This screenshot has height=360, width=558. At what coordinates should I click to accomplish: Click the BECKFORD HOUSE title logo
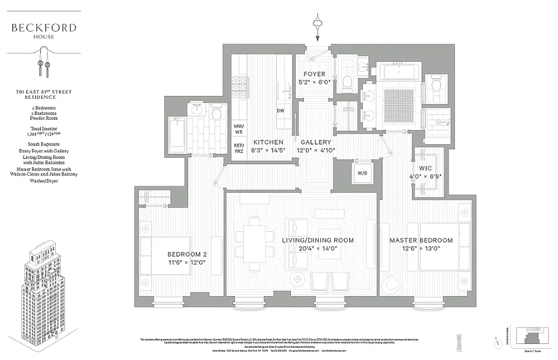44,30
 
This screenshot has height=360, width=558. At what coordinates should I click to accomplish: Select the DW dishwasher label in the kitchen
280,111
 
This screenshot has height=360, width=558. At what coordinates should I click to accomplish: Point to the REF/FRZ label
238,148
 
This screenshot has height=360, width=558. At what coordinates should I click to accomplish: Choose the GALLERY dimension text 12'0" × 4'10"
316,150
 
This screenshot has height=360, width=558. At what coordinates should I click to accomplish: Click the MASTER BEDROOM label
421,240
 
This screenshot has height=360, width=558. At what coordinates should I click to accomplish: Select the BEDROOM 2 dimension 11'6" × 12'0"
187,262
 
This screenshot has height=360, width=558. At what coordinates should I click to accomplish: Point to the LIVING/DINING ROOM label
318,240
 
